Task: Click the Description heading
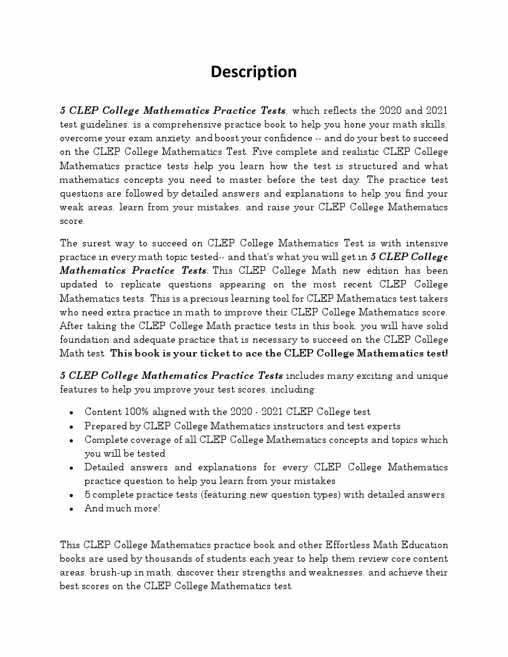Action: point(253,72)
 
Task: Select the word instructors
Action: point(298,426)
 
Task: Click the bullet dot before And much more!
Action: point(72,509)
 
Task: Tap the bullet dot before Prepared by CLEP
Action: point(72,427)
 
